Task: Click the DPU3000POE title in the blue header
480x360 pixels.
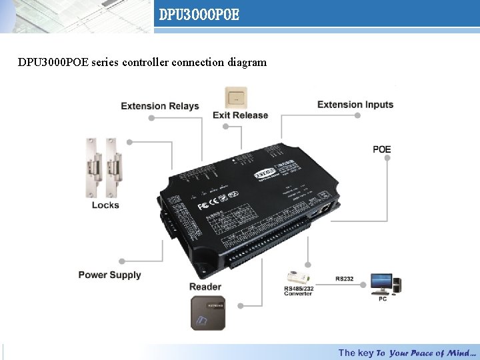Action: coord(199,14)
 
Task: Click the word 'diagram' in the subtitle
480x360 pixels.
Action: coord(247,63)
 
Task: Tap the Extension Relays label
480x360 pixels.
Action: coord(159,105)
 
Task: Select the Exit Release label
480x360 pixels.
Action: coord(240,115)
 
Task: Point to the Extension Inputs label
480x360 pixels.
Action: coord(355,104)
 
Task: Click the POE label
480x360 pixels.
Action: coord(381,149)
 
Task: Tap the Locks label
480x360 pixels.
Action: coord(105,205)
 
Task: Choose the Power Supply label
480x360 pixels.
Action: coord(109,275)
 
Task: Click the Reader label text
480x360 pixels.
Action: coord(205,287)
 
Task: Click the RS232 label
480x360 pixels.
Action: coord(345,279)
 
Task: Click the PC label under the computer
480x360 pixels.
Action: coord(383,299)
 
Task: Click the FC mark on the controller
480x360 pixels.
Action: coord(205,204)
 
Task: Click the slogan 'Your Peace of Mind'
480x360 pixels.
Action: coord(432,353)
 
